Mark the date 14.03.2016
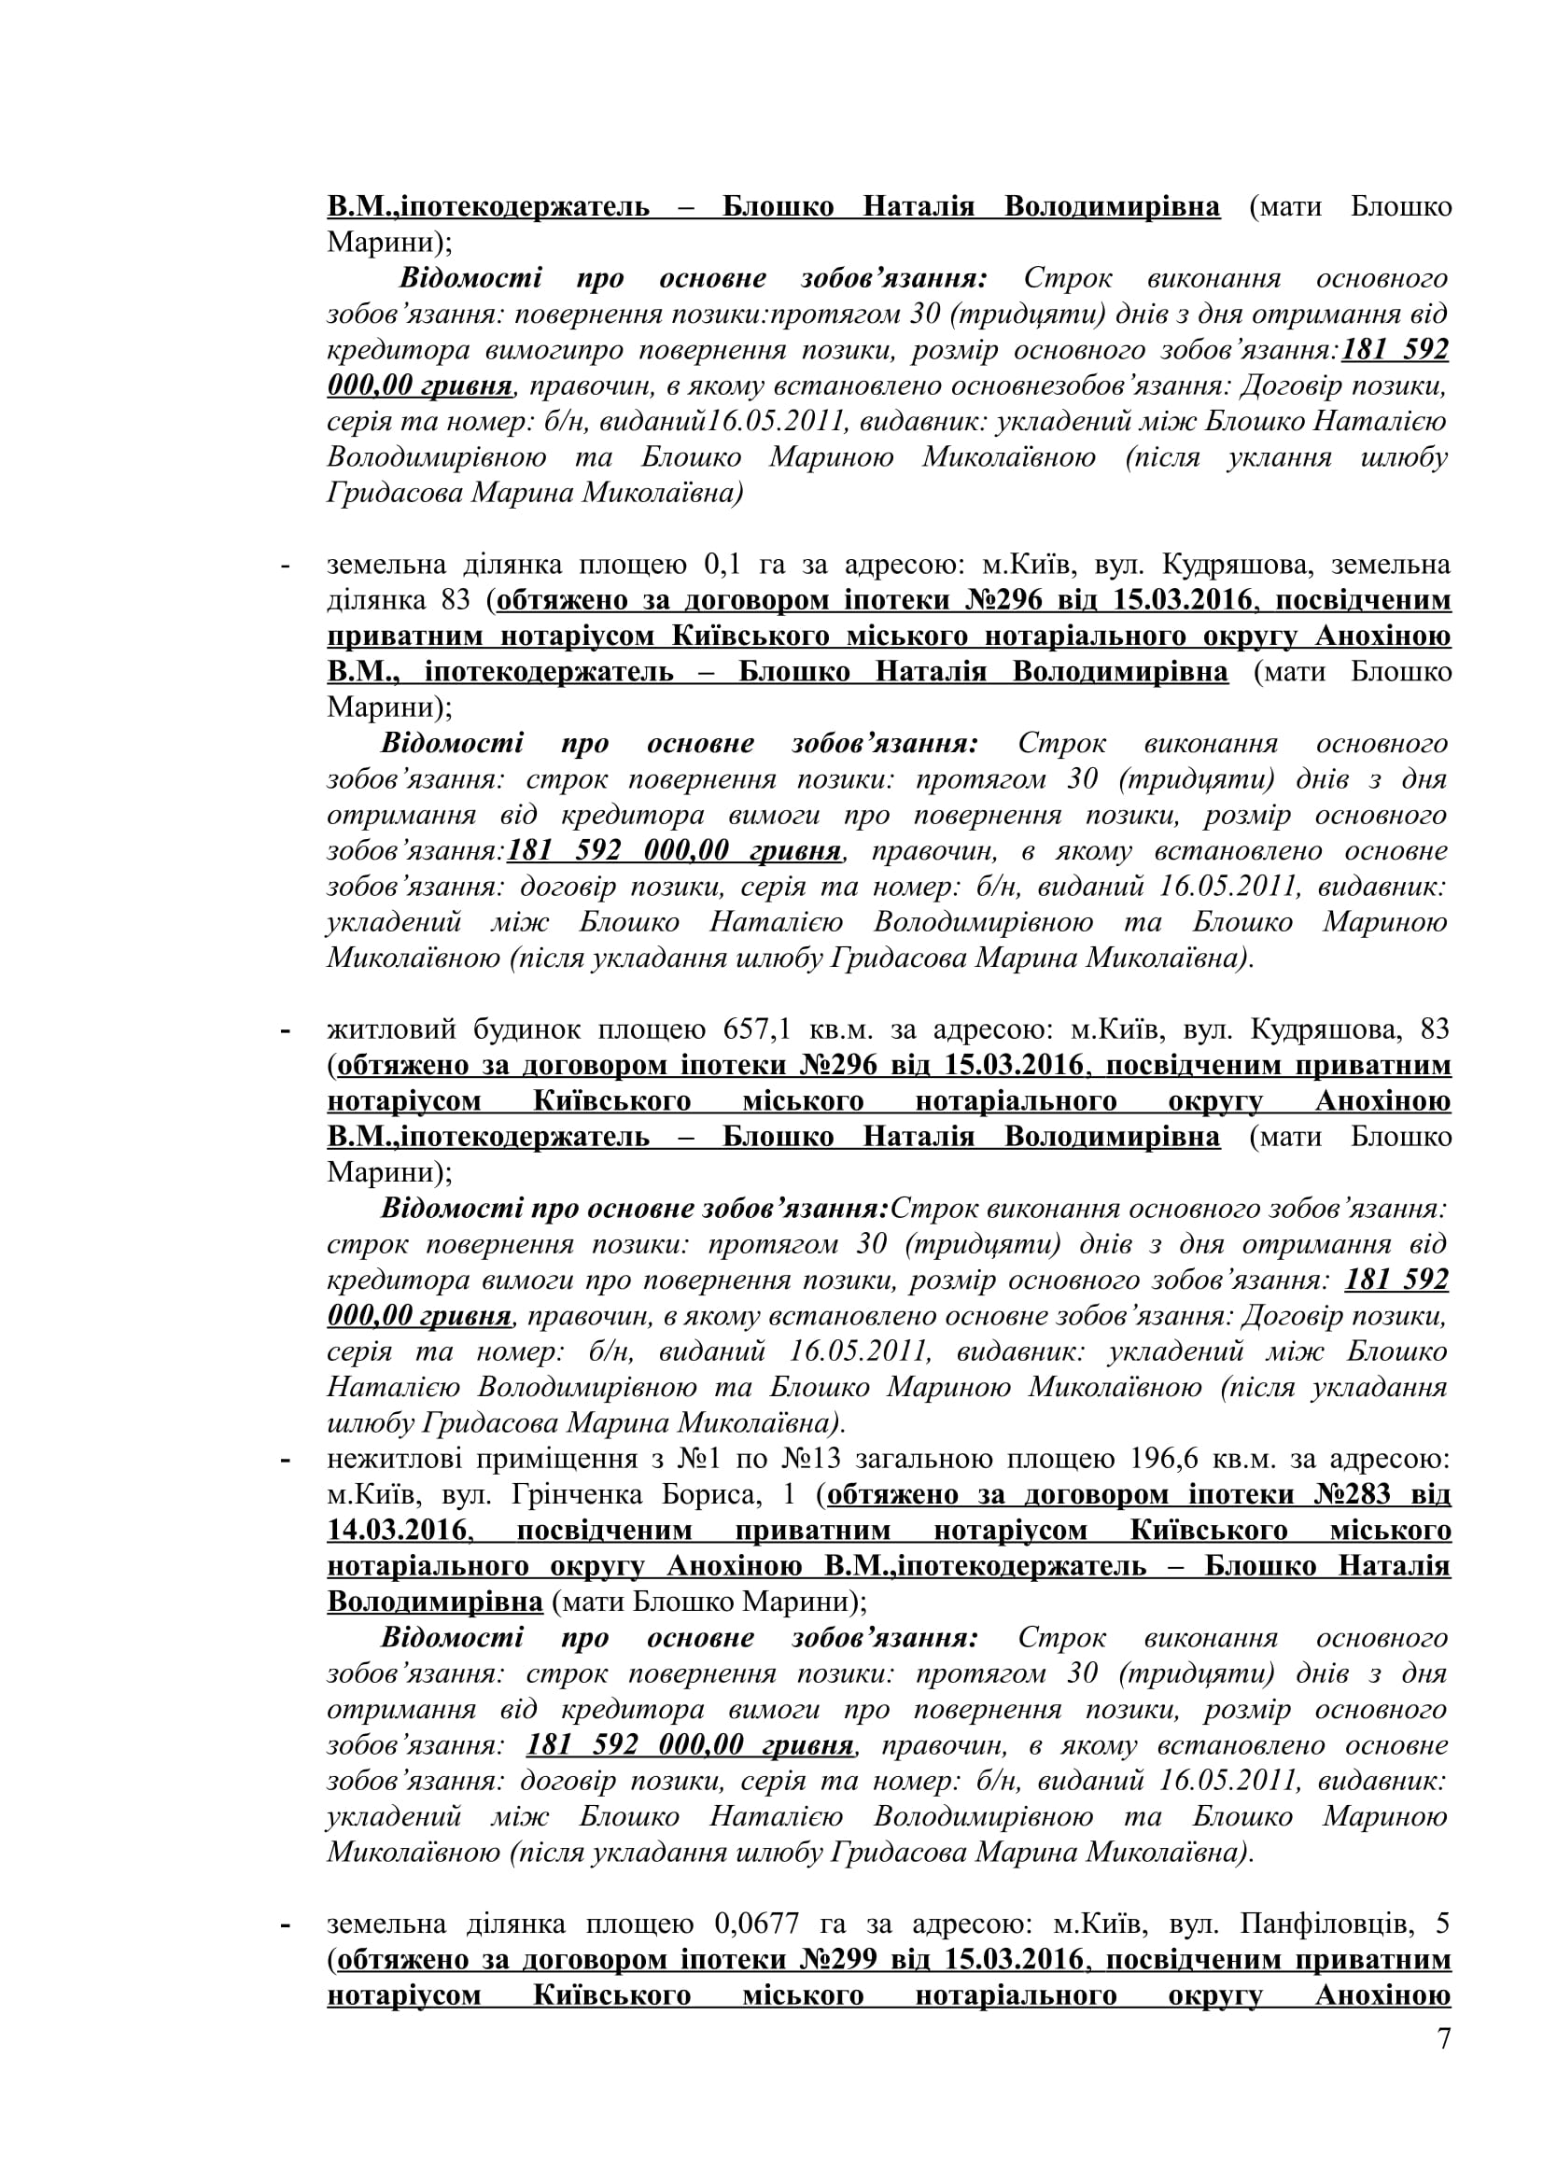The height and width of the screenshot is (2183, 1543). click(398, 1530)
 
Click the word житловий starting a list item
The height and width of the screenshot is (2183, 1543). click(385, 1029)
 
